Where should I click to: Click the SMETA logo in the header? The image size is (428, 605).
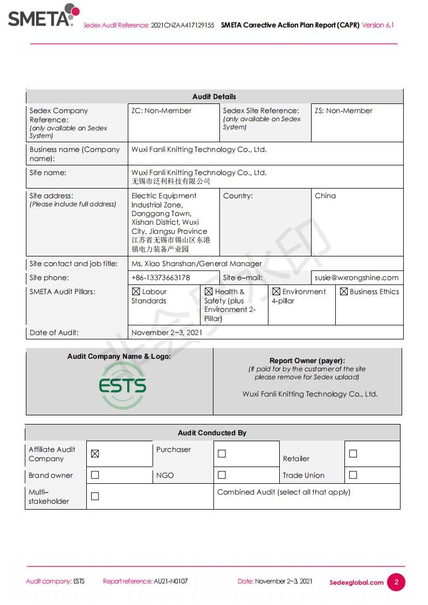(43, 16)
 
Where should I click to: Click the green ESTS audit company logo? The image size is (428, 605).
(122, 386)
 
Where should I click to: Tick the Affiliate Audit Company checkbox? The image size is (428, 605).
(95, 454)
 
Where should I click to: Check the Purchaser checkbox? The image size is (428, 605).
(222, 454)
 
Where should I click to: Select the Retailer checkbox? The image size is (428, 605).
(353, 454)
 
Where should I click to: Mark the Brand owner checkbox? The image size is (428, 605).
(95, 475)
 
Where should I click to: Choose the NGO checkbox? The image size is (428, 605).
(222, 475)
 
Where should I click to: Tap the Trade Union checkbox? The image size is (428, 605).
(353, 475)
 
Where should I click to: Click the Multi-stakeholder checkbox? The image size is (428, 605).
(95, 496)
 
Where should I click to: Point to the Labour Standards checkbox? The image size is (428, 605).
(136, 291)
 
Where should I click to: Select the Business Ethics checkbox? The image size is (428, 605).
(343, 291)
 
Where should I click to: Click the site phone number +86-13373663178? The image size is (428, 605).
(161, 278)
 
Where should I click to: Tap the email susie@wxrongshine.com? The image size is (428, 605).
(357, 278)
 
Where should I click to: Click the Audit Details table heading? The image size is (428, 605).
(214, 97)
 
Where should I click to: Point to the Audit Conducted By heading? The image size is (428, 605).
(212, 433)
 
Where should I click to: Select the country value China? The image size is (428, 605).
(325, 196)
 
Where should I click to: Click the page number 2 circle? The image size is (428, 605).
(396, 582)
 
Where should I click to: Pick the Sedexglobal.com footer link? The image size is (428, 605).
(356, 582)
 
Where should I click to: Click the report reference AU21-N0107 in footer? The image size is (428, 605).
(171, 581)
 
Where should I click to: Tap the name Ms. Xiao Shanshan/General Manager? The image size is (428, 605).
(197, 264)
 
